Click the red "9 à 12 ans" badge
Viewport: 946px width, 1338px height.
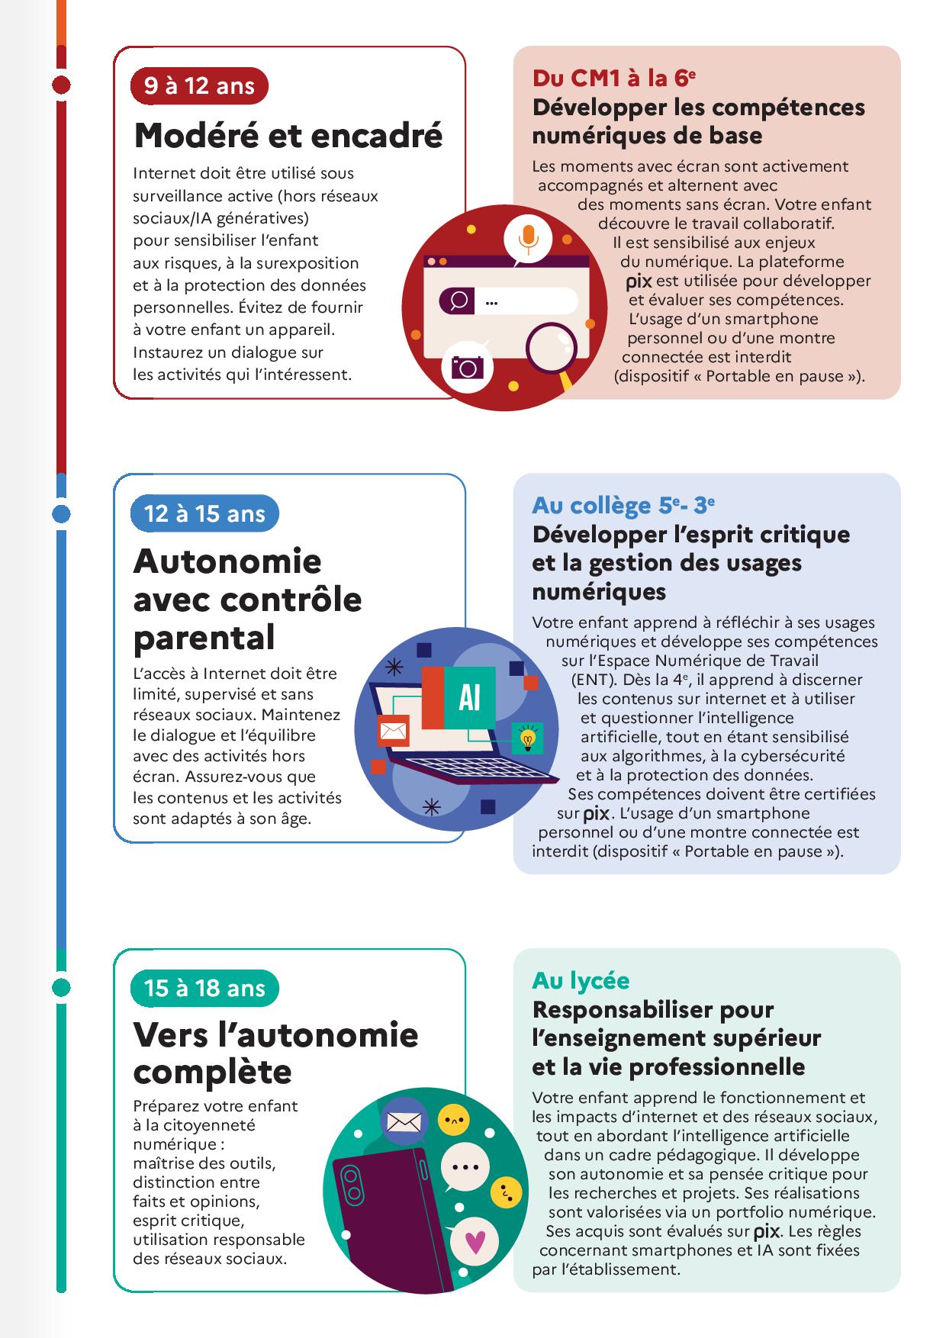199,86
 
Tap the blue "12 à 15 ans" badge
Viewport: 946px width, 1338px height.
204,513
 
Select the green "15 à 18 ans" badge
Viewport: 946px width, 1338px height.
204,988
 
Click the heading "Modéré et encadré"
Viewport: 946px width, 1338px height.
288,136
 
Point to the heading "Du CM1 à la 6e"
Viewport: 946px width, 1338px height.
614,78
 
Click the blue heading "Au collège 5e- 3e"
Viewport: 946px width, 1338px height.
623,505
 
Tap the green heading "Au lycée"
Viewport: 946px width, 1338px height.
581,979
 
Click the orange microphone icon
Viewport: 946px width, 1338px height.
528,237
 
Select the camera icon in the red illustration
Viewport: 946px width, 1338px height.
467,368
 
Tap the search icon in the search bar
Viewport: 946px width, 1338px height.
459,301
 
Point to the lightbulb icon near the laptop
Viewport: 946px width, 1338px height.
527,738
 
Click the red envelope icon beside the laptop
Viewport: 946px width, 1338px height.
394,732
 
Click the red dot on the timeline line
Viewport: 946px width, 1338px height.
61,85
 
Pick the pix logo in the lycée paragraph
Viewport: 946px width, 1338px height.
765,1231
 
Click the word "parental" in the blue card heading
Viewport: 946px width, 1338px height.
204,638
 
